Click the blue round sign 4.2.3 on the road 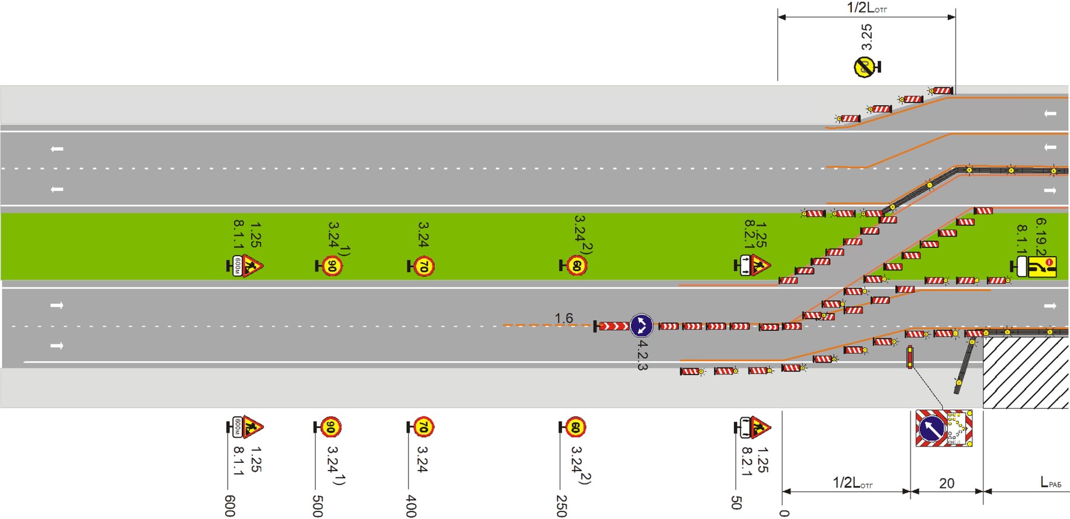point(641,326)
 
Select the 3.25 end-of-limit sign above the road point(864,67)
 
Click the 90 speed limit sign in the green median point(332,267)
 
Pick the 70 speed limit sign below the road point(423,428)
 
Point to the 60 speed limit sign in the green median point(577,266)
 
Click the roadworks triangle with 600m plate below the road point(251,427)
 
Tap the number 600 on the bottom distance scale point(230,506)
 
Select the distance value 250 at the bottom point(561,506)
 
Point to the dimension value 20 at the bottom point(947,483)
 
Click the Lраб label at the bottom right point(1050,483)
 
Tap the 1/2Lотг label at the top point(867,8)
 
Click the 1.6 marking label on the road point(564,318)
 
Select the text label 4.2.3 point(642,355)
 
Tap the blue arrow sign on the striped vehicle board point(931,429)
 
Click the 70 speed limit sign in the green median point(424,267)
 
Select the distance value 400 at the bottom point(411,506)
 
